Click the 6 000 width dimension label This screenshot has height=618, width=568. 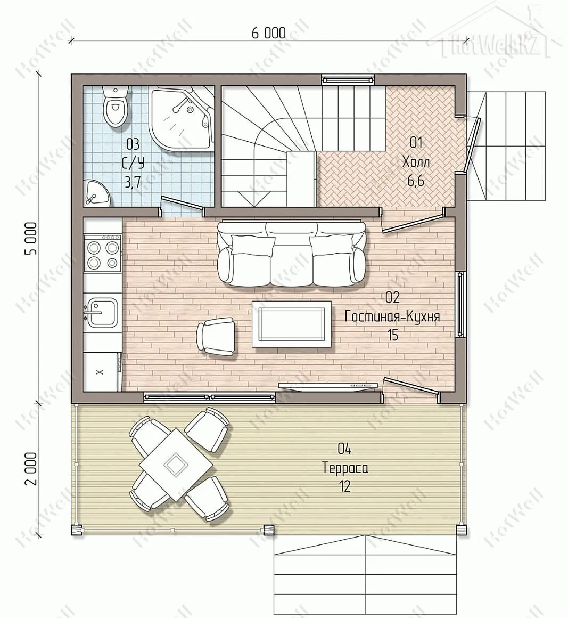tap(269, 33)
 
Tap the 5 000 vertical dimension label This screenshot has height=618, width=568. tap(31, 239)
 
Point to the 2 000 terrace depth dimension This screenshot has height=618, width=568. tap(31, 469)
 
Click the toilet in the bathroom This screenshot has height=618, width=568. tap(115, 106)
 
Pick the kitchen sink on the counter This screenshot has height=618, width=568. tap(101, 313)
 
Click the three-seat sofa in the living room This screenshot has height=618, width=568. tap(292, 251)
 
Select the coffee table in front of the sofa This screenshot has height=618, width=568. tap(292, 324)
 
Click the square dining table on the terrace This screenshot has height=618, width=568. tap(176, 464)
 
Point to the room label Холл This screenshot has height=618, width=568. tap(416, 161)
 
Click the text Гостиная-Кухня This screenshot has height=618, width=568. tap(392, 316)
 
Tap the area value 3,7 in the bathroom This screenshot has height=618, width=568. tap(133, 182)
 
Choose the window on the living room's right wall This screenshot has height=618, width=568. tap(460, 304)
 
